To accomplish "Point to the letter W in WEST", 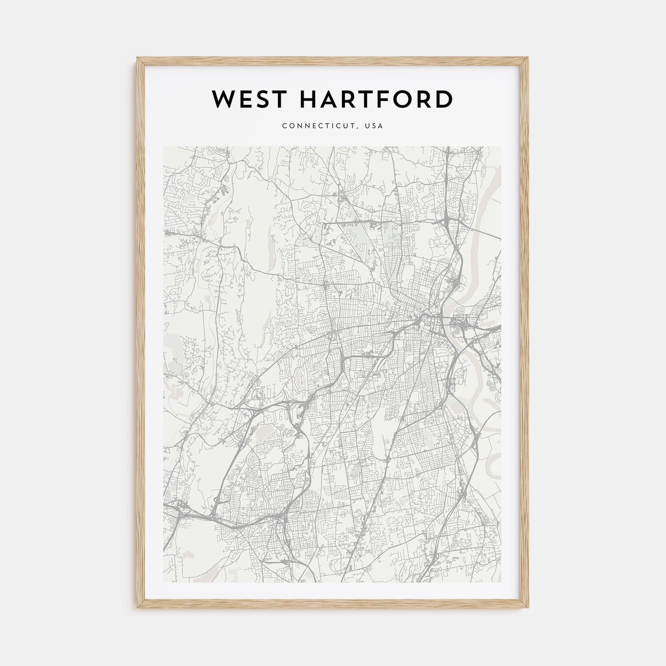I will pyautogui.click(x=224, y=99).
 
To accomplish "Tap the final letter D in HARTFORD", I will pyautogui.click(x=444, y=99).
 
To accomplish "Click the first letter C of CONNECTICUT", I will pyautogui.click(x=284, y=126).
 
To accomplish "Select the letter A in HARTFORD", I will pyautogui.click(x=329, y=99).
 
